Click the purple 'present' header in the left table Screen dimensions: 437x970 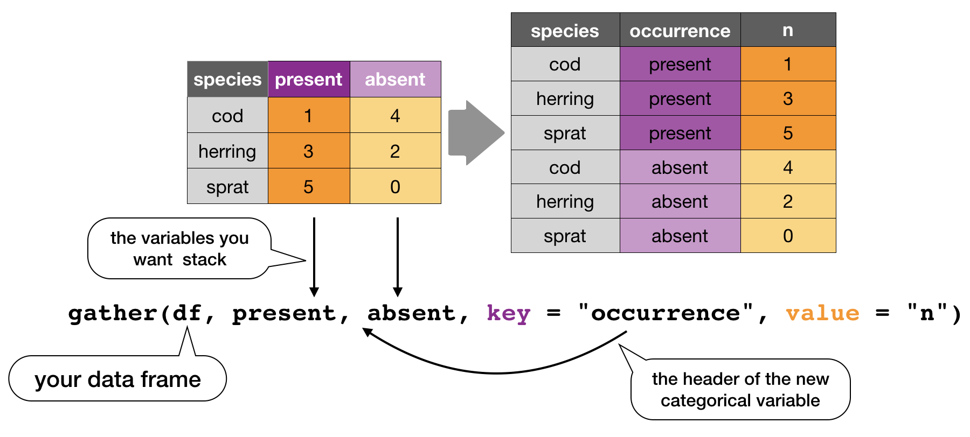pos(309,80)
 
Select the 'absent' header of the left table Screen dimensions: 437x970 pos(395,80)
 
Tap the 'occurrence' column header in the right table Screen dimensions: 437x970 pos(680,31)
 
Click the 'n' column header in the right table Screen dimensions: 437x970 pos(787,30)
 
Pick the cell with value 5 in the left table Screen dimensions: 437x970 pos(308,187)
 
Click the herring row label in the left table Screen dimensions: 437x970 pos(227,151)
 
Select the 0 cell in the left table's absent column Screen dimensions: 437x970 pos(395,187)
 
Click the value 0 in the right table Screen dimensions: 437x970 pos(787,236)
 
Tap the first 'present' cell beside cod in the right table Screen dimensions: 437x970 pos(680,65)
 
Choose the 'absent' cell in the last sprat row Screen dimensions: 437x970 pos(680,236)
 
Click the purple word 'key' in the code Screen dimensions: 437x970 pos(508,313)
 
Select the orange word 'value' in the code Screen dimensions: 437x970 pos(822,313)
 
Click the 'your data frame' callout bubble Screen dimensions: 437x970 pos(117,379)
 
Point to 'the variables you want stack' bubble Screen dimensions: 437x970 pos(179,249)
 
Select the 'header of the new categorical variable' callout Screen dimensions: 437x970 pos(740,390)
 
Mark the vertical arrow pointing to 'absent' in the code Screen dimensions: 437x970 pos(398,256)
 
